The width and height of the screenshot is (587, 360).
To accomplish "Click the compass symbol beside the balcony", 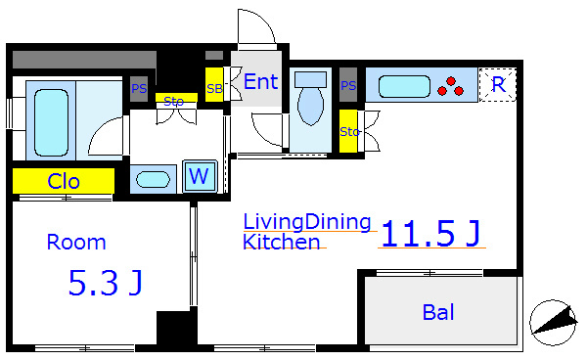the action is point(554,323).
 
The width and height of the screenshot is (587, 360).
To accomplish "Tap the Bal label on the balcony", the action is point(438,312).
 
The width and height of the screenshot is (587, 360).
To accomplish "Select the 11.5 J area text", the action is point(430,234).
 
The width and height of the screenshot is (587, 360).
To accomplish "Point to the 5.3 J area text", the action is point(106,283).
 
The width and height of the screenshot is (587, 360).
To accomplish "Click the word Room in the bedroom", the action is point(76,243).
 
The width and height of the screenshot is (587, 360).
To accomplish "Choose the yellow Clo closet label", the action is point(64,181).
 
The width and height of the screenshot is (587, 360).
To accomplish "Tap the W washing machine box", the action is point(200,176).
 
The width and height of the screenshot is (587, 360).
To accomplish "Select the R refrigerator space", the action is point(498,84).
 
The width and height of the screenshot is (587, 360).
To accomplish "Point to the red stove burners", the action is point(451,86).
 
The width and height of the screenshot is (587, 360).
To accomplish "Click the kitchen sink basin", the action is point(404,86).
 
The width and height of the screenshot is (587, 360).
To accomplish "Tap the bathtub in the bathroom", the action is point(51,122).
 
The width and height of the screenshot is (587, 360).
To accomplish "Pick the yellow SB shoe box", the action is point(214,84).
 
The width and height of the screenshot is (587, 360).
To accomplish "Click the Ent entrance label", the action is point(260,81).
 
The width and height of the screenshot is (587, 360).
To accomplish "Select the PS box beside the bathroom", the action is point(139,89).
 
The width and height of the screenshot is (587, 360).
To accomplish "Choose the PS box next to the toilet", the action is point(348,85).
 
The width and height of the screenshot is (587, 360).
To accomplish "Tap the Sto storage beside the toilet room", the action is point(348,131).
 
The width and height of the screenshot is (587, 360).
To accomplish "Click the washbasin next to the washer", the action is point(153,180).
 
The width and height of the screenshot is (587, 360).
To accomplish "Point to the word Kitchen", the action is point(282,242).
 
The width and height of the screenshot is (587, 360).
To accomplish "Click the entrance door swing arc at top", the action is point(262,21).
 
